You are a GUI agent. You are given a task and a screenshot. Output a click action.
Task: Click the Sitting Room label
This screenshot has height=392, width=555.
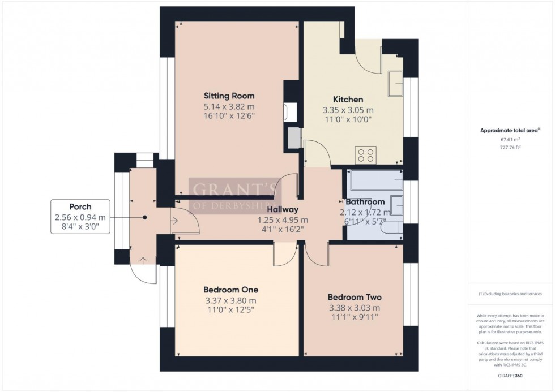point(229,96)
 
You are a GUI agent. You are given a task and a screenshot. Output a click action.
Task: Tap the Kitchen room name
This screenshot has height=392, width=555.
point(351,100)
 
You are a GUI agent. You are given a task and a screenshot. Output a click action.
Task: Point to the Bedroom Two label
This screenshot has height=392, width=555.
point(355,297)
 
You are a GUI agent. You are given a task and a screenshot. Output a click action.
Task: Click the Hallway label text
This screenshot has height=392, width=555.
point(283,210)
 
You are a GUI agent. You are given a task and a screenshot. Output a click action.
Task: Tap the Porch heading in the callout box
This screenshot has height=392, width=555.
point(80,207)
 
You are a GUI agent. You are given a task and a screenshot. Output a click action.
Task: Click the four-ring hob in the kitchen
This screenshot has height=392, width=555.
point(365,154)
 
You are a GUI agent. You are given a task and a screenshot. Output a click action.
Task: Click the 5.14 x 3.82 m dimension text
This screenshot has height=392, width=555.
point(229,106)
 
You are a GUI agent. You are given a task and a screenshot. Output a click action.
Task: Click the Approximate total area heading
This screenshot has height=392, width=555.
point(509,130)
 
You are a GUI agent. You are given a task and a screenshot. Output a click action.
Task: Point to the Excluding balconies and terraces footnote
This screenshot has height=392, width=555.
point(510,294)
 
